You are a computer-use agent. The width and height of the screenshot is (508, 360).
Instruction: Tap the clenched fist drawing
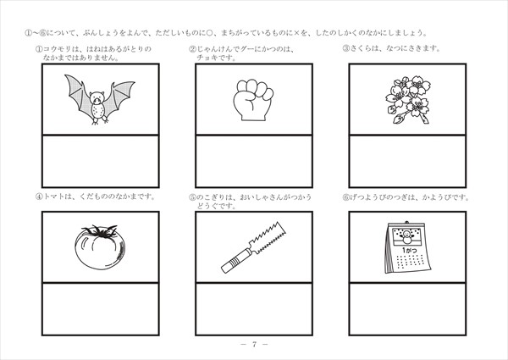click(x=253, y=100)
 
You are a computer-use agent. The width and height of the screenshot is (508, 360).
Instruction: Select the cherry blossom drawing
click(x=408, y=100)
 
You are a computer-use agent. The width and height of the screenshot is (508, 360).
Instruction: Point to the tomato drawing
click(x=100, y=246)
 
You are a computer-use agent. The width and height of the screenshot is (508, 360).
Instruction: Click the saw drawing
click(x=254, y=246)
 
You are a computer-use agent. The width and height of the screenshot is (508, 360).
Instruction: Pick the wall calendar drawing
click(x=408, y=247)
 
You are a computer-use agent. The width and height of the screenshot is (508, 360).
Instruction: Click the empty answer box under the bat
click(x=101, y=161)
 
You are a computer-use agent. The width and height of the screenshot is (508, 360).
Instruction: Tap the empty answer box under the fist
click(x=254, y=161)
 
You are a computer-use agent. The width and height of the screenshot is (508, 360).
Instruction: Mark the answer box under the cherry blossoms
click(x=407, y=161)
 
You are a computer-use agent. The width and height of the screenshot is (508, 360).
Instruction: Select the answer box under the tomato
click(x=101, y=309)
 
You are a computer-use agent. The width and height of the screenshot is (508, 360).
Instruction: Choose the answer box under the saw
click(x=254, y=309)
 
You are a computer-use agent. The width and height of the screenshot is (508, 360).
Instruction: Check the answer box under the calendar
click(x=407, y=309)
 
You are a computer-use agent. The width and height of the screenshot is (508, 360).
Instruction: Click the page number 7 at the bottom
click(x=254, y=344)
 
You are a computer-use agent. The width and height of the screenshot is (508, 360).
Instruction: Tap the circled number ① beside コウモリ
click(x=39, y=49)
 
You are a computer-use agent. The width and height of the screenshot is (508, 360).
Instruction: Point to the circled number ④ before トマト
click(x=39, y=197)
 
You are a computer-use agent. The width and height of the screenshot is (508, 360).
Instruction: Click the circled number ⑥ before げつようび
click(x=345, y=197)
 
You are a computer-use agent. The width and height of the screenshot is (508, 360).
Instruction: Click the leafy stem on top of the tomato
click(x=100, y=231)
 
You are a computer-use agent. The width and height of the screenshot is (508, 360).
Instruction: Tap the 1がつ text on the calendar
click(x=409, y=250)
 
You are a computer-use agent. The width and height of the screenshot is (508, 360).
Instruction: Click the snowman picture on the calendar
click(x=406, y=236)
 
